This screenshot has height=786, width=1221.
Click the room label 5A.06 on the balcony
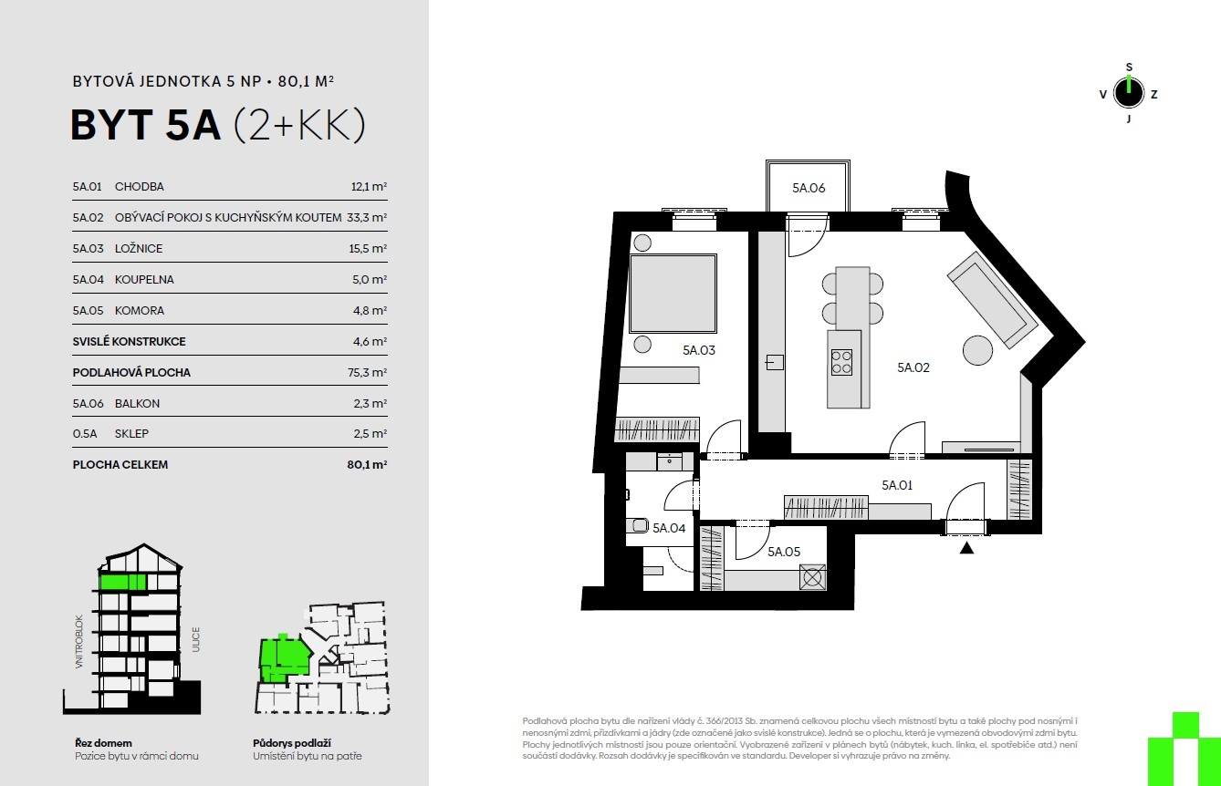809,188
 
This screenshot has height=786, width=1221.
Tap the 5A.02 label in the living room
913,367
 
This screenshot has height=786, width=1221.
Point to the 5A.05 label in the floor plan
784,552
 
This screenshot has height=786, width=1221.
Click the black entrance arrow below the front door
966,548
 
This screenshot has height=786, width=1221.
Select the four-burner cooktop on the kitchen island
841,362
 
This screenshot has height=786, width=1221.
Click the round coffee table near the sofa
978,350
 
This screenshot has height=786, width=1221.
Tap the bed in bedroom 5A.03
673,294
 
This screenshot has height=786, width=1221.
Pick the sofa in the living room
992,300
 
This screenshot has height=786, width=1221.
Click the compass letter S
1129,67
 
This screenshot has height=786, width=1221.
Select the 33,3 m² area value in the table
367,218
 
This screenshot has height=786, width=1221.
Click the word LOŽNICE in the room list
139,248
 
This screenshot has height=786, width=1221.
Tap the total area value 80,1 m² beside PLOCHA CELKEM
367,465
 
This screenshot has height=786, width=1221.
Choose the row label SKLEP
131,434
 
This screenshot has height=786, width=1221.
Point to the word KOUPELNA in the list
144,279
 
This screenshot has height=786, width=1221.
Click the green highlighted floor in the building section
122,583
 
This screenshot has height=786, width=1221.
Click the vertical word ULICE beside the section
195,639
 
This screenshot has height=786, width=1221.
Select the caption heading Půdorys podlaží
292,743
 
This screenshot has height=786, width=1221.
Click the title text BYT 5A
145,125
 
